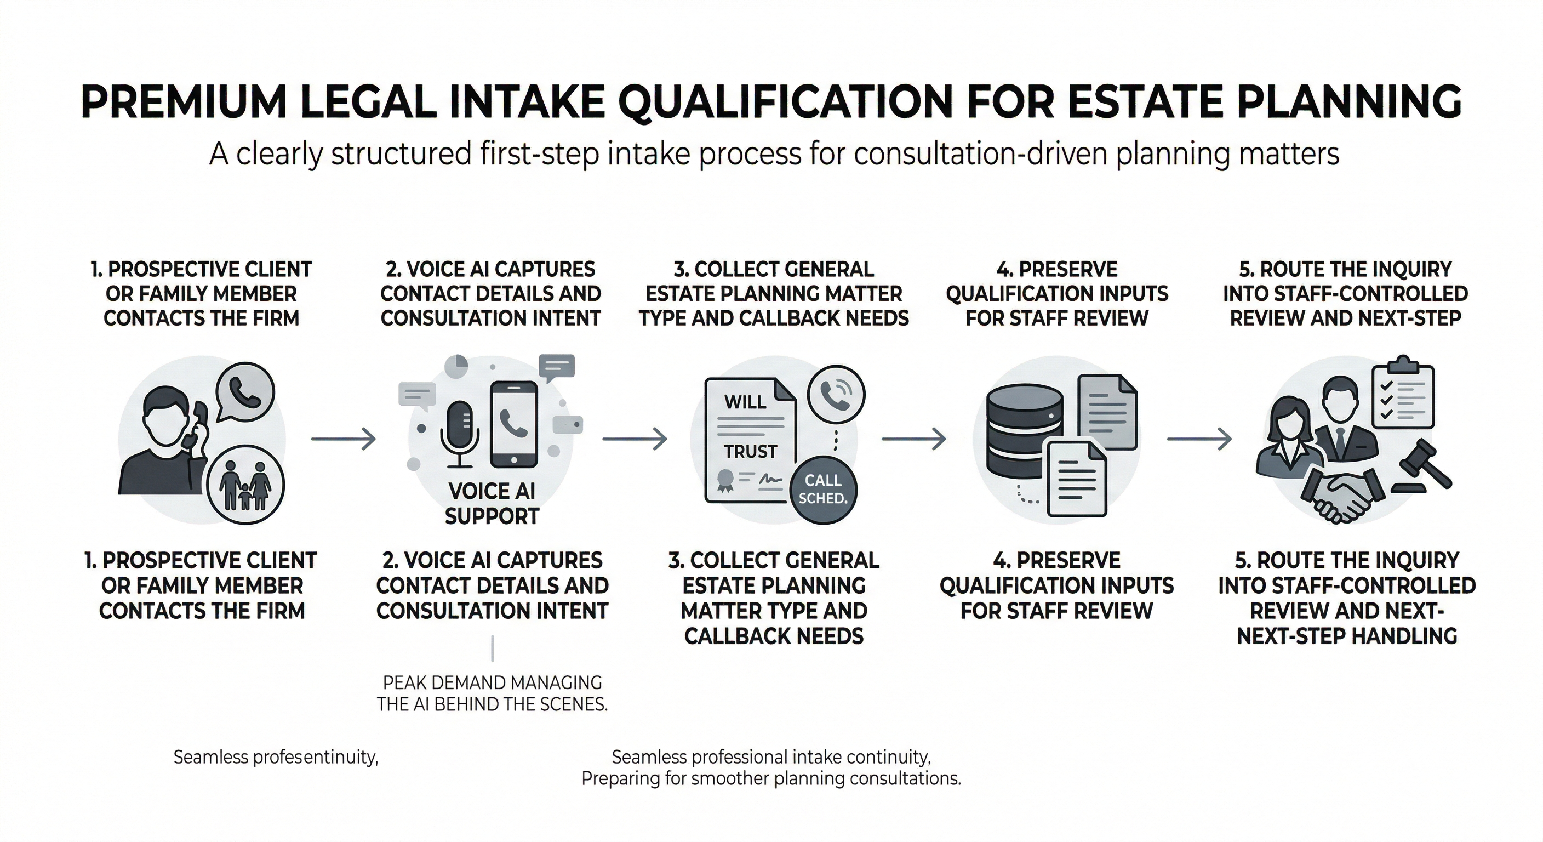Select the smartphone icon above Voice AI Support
[513, 424]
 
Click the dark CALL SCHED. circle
[822, 489]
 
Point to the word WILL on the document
[745, 401]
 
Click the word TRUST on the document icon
[750, 451]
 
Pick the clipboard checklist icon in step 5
[1403, 399]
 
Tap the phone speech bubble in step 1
[244, 392]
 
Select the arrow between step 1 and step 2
[343, 439]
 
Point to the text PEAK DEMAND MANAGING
[493, 682]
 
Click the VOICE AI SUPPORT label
[492, 503]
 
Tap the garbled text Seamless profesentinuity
[276, 757]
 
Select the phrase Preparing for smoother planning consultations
[771, 779]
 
